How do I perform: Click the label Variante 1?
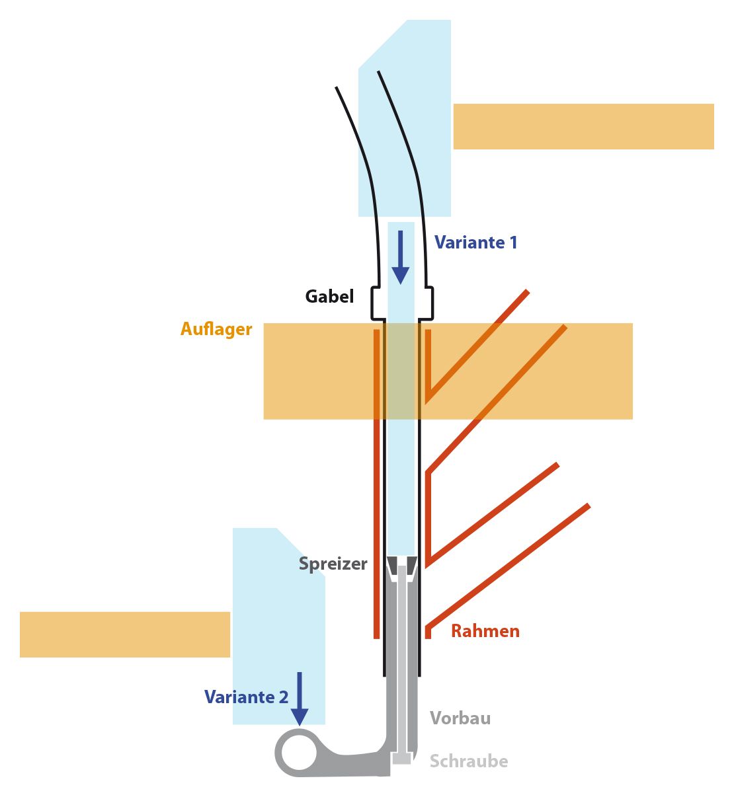click(x=475, y=243)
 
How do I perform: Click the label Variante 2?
click(x=246, y=697)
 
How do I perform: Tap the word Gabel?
click(x=329, y=296)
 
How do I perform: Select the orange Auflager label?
click(x=216, y=329)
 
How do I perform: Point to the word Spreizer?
click(x=333, y=564)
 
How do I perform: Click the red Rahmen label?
click(x=485, y=631)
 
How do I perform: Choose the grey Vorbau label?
click(x=460, y=718)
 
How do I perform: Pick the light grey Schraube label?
click(x=469, y=761)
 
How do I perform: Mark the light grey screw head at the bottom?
click(x=401, y=759)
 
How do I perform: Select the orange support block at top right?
click(x=583, y=126)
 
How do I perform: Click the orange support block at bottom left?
click(x=124, y=634)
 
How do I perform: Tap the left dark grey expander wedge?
click(x=392, y=566)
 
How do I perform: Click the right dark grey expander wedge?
click(x=411, y=566)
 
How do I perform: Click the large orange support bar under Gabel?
click(x=529, y=371)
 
